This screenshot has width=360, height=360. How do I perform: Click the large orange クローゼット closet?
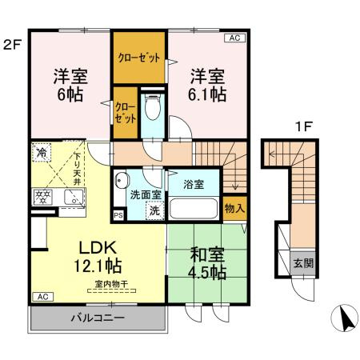[x=139, y=58]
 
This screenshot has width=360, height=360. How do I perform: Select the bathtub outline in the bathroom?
[x=194, y=210]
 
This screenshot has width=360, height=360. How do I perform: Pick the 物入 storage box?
[x=235, y=208]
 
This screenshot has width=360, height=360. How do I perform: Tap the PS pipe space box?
[x=118, y=215]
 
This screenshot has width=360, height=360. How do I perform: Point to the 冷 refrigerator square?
[x=41, y=150]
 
